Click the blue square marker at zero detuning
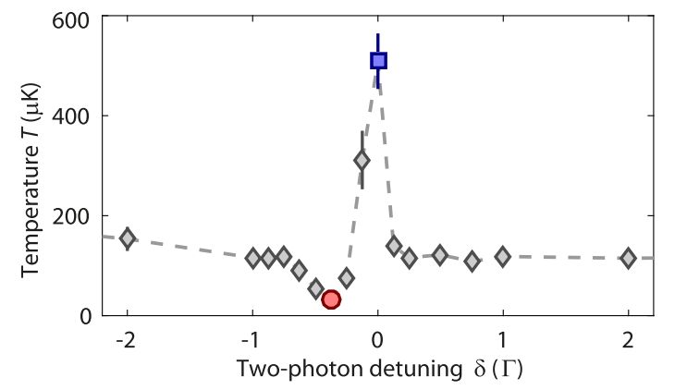pos(378,61)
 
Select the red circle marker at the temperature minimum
pos(331,299)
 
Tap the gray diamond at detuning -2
pos(128,238)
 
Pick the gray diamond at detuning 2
pos(629,258)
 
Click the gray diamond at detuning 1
pos(503,257)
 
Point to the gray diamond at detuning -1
pos(252,258)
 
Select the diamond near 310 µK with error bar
pos(362,161)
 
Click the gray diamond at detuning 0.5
pos(440,255)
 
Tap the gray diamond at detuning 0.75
pos(472,262)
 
